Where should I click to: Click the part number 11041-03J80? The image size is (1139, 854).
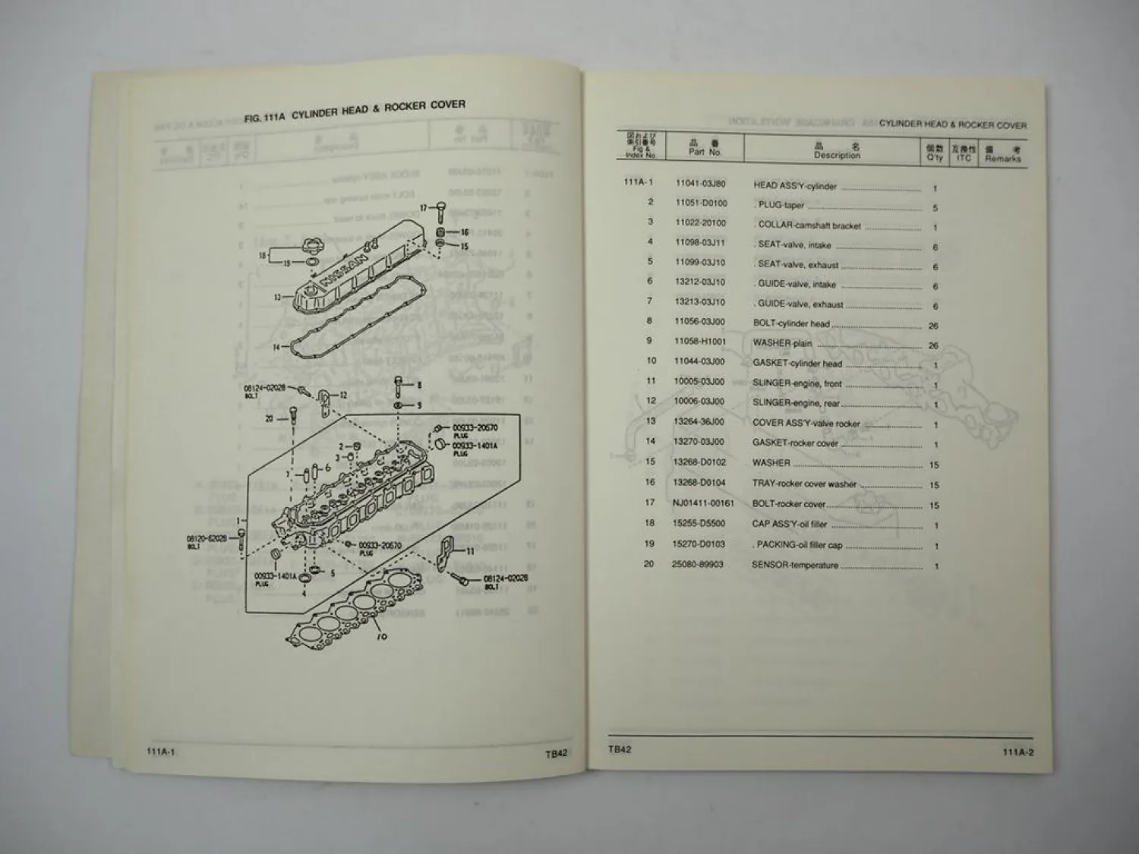(x=700, y=184)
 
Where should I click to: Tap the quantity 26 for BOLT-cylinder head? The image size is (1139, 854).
(x=933, y=326)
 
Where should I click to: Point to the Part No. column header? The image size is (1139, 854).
(x=704, y=148)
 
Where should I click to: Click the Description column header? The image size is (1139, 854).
(x=837, y=151)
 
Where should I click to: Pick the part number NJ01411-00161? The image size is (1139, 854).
(x=703, y=503)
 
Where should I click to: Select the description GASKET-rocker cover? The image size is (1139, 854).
(x=795, y=443)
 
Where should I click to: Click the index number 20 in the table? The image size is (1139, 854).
(x=648, y=564)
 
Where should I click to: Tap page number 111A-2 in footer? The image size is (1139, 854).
(x=1018, y=752)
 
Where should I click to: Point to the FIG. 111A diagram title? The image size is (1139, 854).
(x=355, y=112)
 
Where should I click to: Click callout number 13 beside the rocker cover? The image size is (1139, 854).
(x=278, y=298)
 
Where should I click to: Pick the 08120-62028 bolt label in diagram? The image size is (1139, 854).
(x=205, y=538)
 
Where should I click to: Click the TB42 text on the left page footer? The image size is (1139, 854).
(x=556, y=754)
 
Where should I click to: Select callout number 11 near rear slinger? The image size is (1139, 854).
(x=470, y=550)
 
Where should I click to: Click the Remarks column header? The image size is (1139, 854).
(x=1002, y=154)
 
